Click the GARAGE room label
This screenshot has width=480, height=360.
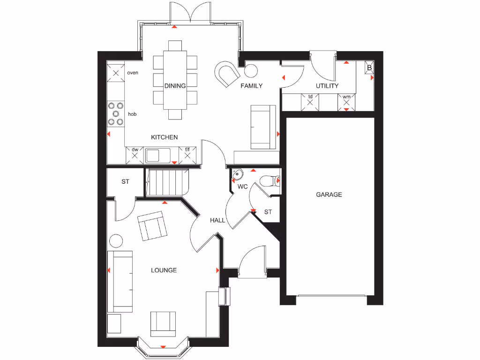tap(329, 195)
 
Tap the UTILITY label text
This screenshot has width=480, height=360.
tap(327, 86)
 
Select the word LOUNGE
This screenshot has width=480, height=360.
tap(164, 270)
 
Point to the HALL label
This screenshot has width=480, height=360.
tap(217, 220)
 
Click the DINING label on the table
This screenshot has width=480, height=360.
tap(175, 86)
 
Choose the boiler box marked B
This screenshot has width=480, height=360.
tap(369, 68)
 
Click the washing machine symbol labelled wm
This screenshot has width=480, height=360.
tap(346, 101)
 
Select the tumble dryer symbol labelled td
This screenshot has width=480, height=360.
tap(310, 101)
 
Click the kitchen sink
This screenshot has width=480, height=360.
tap(158, 155)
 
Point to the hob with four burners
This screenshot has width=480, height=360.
tap(116, 114)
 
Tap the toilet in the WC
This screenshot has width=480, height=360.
tap(270, 180)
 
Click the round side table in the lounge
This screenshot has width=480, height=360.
tap(116, 241)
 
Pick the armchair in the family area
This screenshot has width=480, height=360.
tap(227, 73)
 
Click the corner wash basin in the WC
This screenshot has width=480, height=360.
tap(237, 175)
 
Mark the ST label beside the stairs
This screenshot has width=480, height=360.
tap(125, 182)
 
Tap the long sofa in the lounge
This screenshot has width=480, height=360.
tap(120, 281)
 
